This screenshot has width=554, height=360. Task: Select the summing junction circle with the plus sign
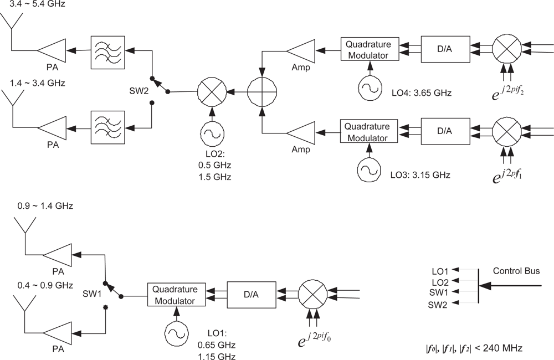pos(261,89)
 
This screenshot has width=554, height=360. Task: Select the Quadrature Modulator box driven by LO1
pos(176,296)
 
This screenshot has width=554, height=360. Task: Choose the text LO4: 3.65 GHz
pos(421,92)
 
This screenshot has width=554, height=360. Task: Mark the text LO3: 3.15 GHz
pos(419,175)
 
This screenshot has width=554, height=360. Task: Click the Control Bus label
pos(516,271)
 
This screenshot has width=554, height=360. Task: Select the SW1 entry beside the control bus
pos(439,292)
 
